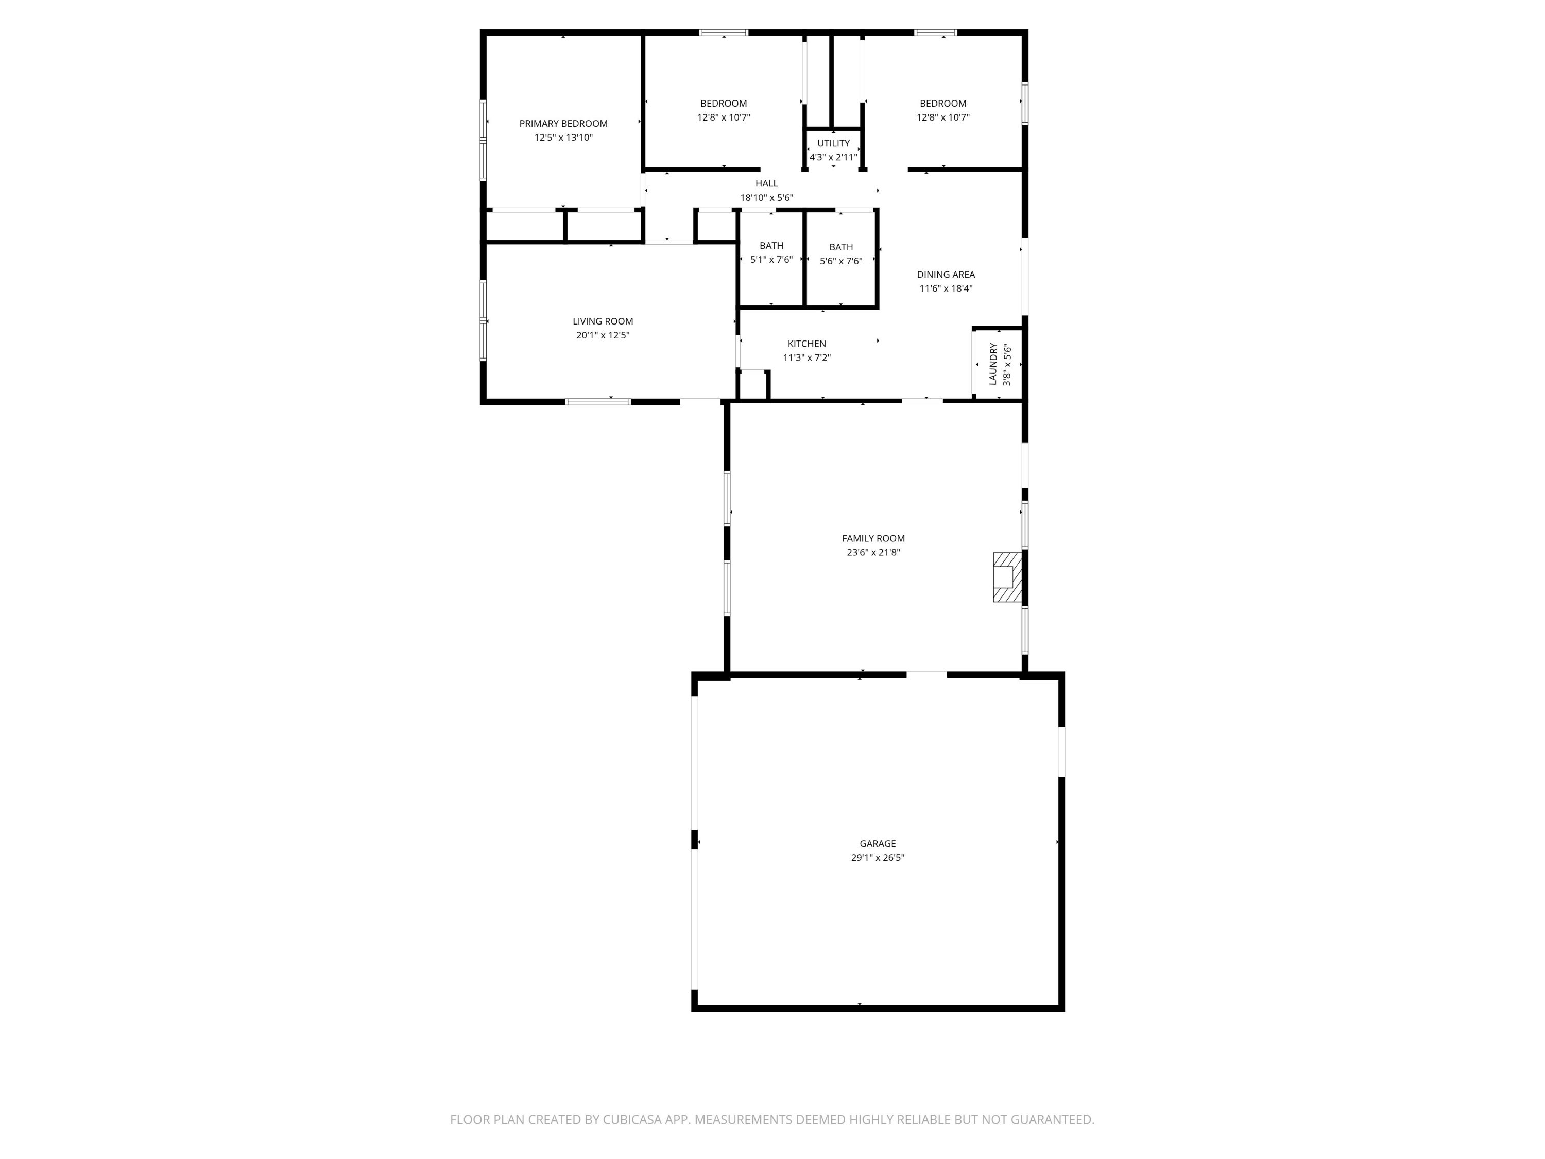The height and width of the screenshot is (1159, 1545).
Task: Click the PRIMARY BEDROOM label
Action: click(563, 124)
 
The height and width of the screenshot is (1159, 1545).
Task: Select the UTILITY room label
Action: click(833, 143)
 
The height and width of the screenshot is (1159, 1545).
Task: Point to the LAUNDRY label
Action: click(992, 364)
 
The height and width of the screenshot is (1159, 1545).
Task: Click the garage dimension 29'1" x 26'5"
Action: click(877, 857)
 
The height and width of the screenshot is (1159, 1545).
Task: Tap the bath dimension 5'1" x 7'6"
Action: click(771, 260)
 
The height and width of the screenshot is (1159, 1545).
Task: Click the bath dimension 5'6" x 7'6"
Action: click(841, 261)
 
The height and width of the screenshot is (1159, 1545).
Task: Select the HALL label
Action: click(766, 184)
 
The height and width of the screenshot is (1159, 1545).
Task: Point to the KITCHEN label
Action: click(806, 344)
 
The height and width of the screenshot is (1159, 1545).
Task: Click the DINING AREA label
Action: click(946, 275)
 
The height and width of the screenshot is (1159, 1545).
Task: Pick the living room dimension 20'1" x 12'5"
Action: click(603, 335)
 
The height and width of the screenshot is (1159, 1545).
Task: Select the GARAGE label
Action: click(877, 843)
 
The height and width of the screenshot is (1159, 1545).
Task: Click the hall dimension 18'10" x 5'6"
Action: click(766, 198)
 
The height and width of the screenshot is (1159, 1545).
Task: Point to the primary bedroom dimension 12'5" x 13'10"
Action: click(563, 138)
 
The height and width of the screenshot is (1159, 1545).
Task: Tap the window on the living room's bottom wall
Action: click(598, 402)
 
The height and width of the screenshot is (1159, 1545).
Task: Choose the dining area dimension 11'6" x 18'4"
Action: click(946, 288)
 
